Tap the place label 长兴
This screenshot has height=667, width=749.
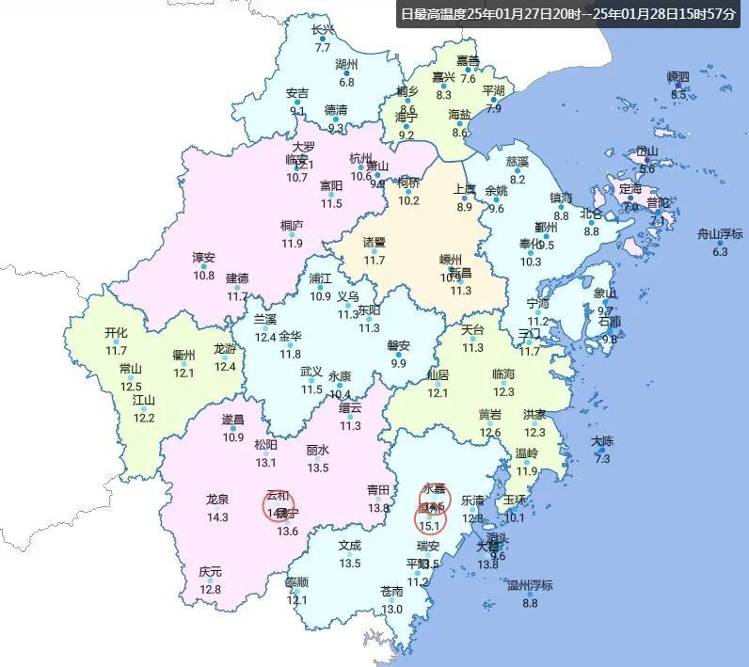[323, 30]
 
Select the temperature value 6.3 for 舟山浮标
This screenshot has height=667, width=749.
[720, 252]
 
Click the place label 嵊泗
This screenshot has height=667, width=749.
[677, 76]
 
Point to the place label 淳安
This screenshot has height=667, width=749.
[203, 258]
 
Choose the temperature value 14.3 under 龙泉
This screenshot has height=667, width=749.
[217, 517]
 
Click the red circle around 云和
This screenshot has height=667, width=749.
[279, 505]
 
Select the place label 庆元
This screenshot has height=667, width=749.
[210, 572]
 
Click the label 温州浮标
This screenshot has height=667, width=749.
[530, 585]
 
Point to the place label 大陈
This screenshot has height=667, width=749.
[602, 441]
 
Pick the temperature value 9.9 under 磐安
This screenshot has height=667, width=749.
[398, 363]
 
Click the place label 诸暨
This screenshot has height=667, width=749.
[374, 242]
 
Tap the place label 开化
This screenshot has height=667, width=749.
[116, 333]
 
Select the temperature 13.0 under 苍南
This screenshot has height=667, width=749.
[391, 609]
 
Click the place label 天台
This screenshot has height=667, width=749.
[471, 330]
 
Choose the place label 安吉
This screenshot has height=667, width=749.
[297, 93]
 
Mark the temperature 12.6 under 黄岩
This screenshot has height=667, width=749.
[490, 433]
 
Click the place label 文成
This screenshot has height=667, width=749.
[350, 546]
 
